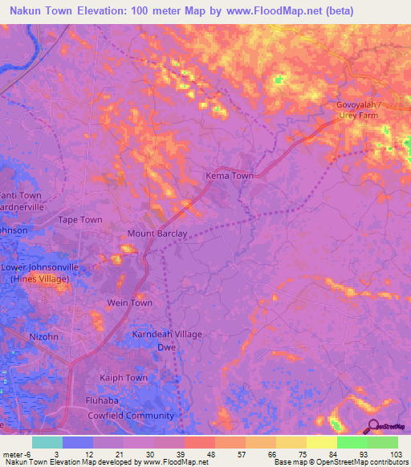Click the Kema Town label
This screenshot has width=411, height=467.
[x=230, y=175]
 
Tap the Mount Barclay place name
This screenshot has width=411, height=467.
[x=157, y=234]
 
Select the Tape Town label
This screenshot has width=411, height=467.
[x=80, y=219]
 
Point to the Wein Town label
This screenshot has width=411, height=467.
[x=130, y=303]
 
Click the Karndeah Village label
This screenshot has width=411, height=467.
[x=167, y=334]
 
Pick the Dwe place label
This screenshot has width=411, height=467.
[x=166, y=347]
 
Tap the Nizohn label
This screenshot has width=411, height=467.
[x=43, y=337]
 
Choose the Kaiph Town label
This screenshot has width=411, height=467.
[x=124, y=378]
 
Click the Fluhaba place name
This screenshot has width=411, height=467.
[x=102, y=400]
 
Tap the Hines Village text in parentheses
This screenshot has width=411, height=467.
[x=40, y=279]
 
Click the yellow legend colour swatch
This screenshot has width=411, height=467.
[x=321, y=442]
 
